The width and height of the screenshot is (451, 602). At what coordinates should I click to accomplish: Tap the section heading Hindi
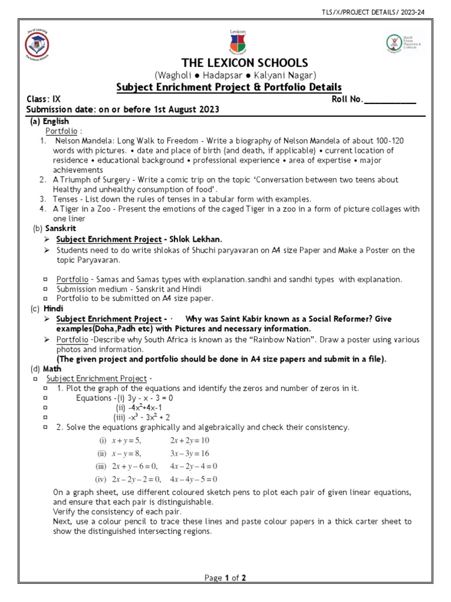pos(53,308)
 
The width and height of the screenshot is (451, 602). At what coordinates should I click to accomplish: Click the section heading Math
pos(52,369)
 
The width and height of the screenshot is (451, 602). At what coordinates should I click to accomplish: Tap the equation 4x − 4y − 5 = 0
pos(194,479)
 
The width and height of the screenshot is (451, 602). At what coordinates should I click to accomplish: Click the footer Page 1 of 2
pos(225,578)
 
